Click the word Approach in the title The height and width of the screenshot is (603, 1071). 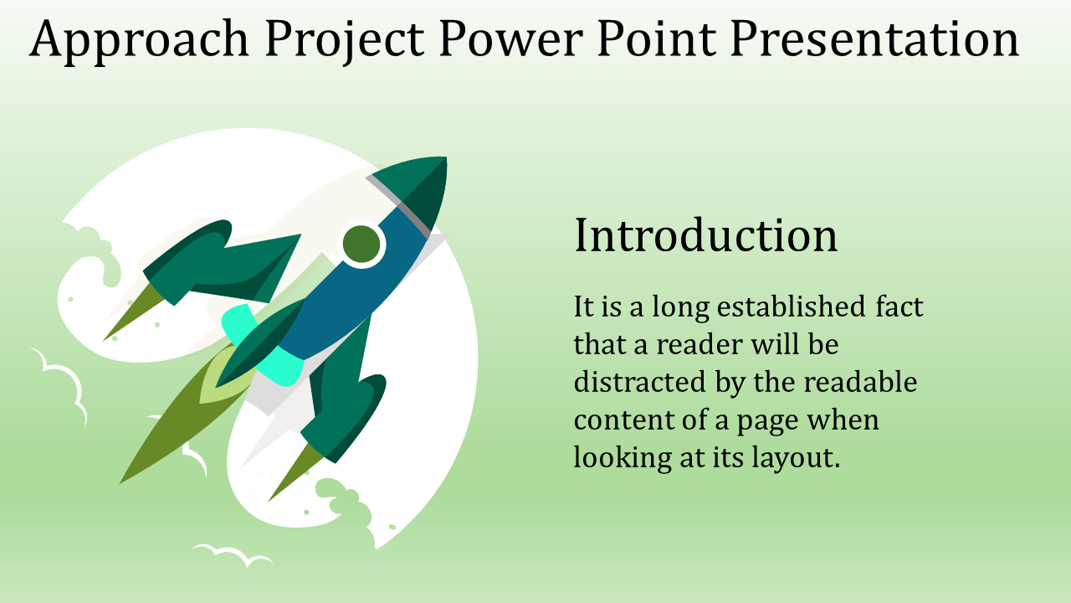139,41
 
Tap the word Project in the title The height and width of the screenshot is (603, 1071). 345,41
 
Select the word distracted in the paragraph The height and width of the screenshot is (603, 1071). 640,383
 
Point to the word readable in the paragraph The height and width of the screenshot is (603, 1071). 860,383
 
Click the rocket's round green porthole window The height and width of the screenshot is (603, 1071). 361,244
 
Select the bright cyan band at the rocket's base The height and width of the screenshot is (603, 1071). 262,343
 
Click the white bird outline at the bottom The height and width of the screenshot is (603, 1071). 233,554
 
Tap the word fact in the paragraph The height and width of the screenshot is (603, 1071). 899,307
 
